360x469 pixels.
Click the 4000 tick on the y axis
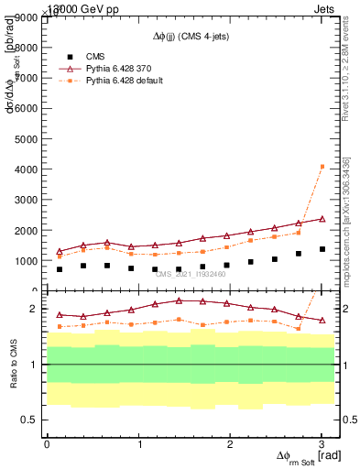pyautogui.click(x=27, y=169)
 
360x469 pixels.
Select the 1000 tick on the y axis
pyautogui.click(x=27, y=260)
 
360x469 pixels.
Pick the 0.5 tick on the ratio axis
pyautogui.click(x=31, y=420)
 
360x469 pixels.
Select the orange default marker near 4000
pyautogui.click(x=322, y=167)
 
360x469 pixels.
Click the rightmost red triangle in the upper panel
pyautogui.click(x=322, y=219)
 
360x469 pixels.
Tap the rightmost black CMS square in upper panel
pyautogui.click(x=322, y=249)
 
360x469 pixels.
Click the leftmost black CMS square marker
pyautogui.click(x=60, y=269)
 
